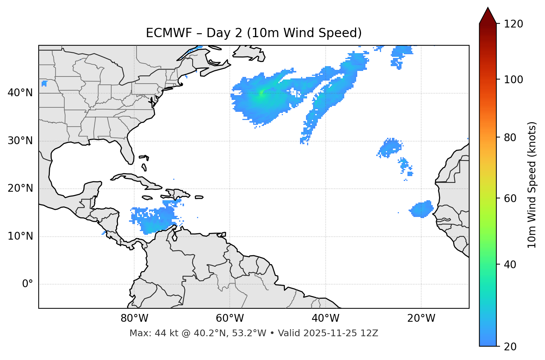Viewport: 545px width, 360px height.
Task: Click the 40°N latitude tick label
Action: point(20,93)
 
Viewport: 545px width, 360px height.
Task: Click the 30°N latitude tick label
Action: point(20,141)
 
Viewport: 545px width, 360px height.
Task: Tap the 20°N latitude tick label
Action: point(20,188)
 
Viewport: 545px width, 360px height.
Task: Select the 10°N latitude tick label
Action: point(20,236)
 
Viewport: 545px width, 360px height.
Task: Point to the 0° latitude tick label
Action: point(28,284)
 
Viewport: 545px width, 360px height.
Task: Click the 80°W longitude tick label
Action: point(135,318)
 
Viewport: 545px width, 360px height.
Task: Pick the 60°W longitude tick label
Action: point(230,318)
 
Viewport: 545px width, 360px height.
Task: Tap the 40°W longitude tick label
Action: point(326,318)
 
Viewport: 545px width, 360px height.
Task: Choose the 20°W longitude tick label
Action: point(421,318)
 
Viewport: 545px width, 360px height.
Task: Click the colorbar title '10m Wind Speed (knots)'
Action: point(532,185)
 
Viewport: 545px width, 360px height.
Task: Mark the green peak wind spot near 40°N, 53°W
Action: point(261,93)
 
